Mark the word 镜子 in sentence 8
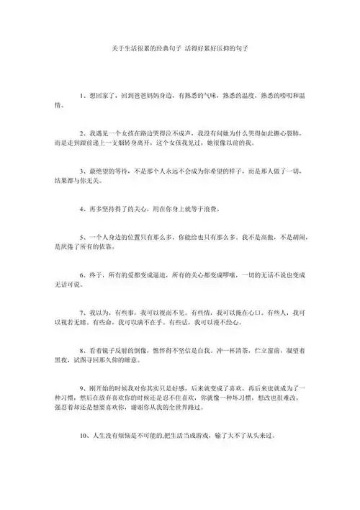point(108,351)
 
